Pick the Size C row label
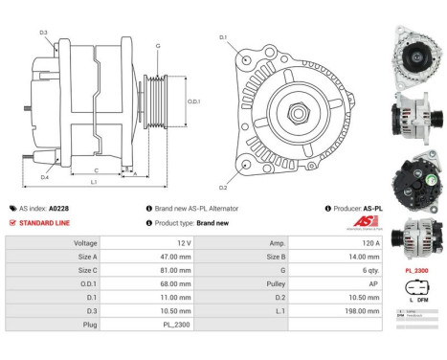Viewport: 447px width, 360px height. tap(87, 271)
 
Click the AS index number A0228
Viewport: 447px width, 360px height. tap(58, 208)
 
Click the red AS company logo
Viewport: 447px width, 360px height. tap(367, 220)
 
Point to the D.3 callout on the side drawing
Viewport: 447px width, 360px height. tap(43, 33)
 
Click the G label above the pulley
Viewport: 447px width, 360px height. tap(157, 46)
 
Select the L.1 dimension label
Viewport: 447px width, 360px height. tap(92, 181)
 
